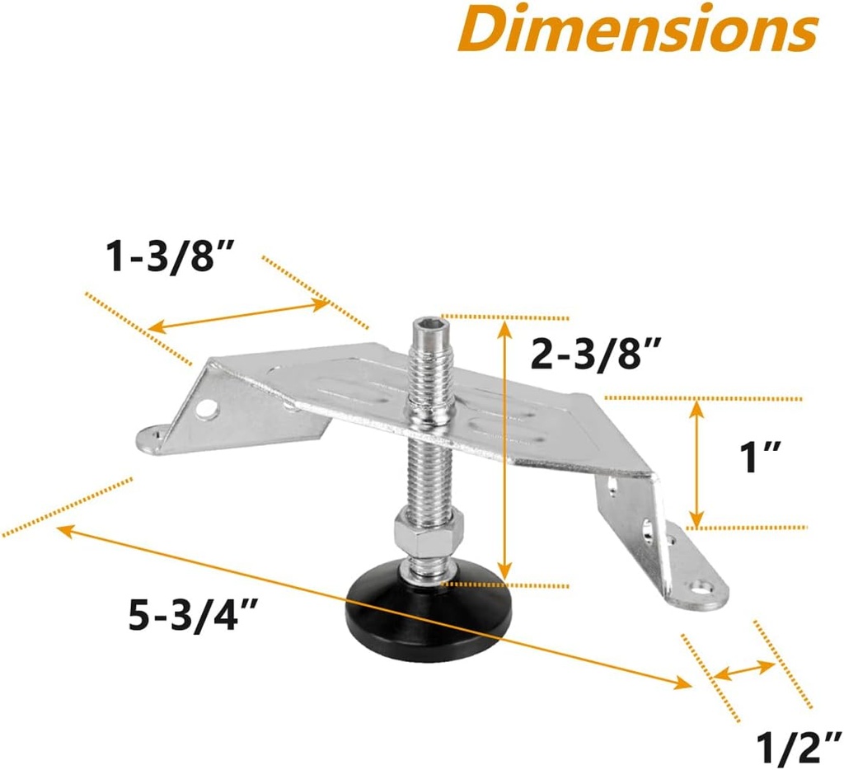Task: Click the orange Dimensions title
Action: tap(648, 28)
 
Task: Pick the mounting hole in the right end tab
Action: tap(703, 589)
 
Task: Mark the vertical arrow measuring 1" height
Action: tap(697, 462)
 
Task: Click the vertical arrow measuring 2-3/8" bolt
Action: tap(505, 449)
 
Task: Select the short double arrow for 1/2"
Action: tap(744, 669)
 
